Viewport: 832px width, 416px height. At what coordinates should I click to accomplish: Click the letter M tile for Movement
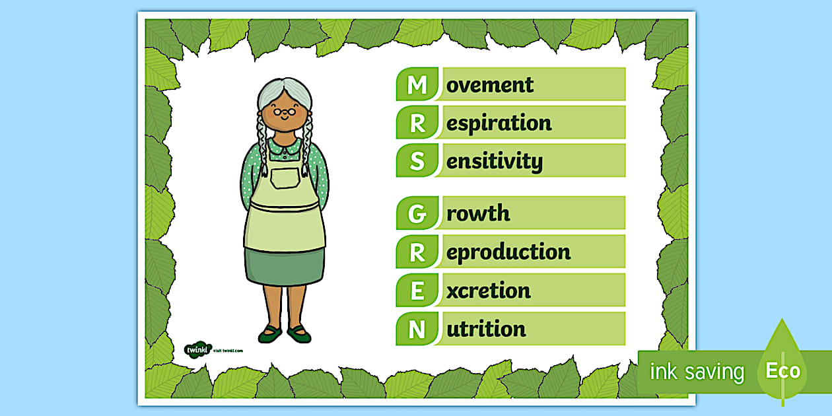(417, 85)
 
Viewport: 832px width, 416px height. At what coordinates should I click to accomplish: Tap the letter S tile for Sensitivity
(417, 161)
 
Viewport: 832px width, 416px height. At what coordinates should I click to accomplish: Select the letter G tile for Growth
(417, 213)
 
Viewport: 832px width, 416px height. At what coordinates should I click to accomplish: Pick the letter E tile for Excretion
(417, 291)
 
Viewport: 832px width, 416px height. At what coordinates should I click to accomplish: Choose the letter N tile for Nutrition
(417, 329)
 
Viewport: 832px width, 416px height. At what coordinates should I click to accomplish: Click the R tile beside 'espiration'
(417, 123)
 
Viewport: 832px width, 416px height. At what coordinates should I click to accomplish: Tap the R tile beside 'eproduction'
(417, 252)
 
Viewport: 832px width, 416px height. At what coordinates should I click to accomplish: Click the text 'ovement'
(490, 85)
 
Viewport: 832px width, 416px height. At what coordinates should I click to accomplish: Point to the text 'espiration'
(499, 123)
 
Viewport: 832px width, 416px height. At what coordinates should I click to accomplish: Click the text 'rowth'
(478, 213)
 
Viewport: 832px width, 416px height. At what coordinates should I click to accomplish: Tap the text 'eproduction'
(508, 252)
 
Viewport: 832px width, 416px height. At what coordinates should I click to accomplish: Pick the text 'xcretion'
(488, 291)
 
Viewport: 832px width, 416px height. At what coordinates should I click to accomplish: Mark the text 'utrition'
(486, 329)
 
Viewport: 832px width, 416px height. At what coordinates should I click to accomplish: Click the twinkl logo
(197, 349)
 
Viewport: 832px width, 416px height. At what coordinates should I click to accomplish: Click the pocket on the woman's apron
(285, 179)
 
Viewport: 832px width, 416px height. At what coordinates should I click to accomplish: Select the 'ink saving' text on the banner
(696, 372)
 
